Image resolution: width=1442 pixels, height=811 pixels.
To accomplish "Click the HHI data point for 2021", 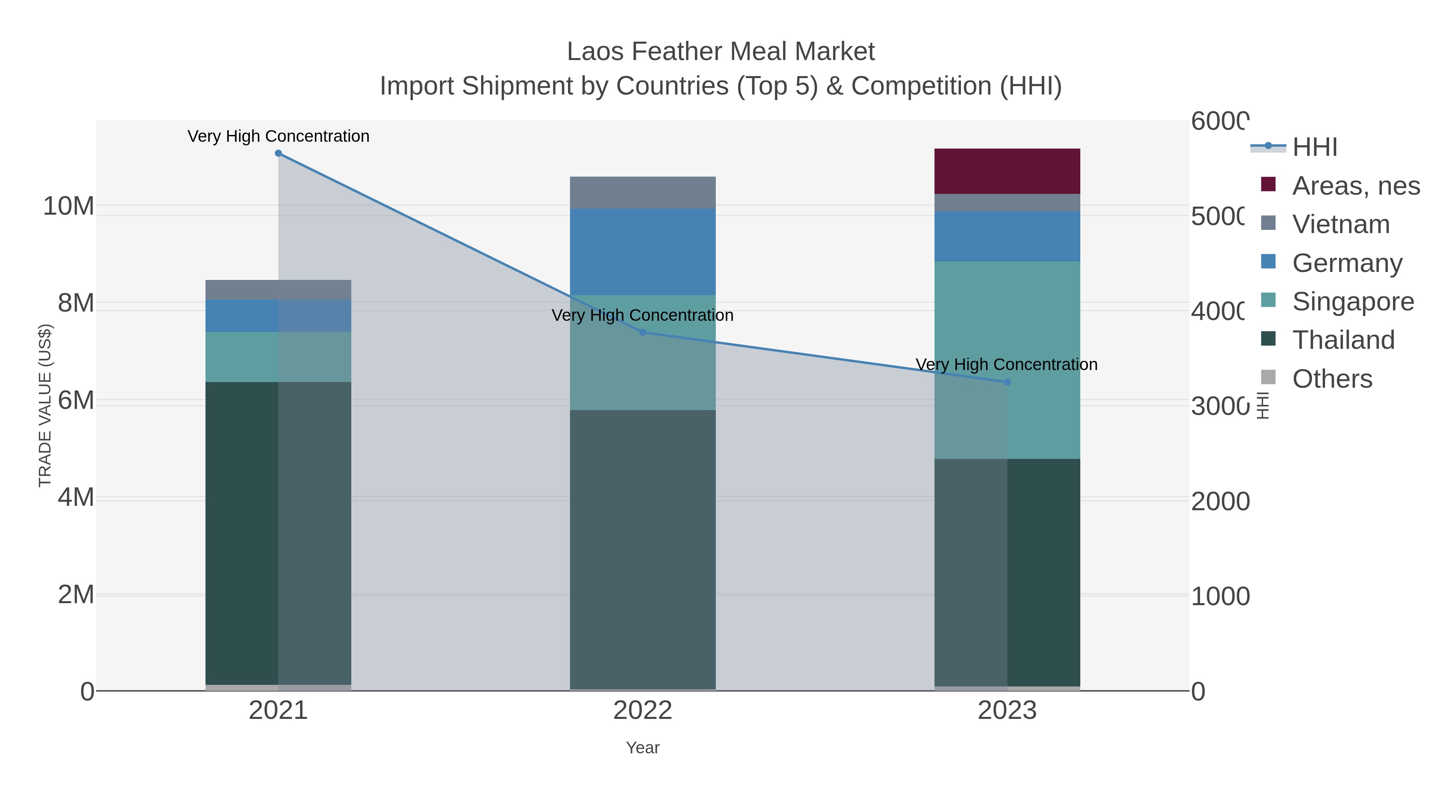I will click(x=278, y=153).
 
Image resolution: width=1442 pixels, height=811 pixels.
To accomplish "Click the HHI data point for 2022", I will click(x=642, y=332).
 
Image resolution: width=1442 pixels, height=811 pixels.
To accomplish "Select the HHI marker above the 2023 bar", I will click(x=1007, y=382).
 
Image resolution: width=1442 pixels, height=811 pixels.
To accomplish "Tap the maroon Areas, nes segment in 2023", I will click(x=1007, y=171).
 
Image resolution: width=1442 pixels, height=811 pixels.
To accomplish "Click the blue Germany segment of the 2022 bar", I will click(x=642, y=252).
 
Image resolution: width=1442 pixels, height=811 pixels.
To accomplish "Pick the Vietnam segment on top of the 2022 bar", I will click(x=642, y=193).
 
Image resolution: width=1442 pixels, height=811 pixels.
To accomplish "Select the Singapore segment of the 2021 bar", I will click(x=278, y=357).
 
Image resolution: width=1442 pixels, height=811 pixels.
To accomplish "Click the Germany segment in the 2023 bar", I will click(x=1007, y=237).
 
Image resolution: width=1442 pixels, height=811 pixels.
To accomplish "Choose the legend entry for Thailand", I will click(x=1343, y=340).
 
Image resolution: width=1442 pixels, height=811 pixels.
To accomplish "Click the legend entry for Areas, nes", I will click(x=1355, y=186).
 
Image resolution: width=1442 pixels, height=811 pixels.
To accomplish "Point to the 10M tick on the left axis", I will click(x=68, y=207).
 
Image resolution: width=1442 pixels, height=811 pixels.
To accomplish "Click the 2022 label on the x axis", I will click(x=642, y=711).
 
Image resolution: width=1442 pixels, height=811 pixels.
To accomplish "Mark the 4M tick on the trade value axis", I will click(x=76, y=497).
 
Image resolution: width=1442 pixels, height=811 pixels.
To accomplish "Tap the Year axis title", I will click(x=642, y=748).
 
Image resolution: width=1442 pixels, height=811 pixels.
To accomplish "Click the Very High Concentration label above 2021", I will click(x=278, y=136).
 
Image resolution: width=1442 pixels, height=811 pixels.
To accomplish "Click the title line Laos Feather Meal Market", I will click(x=721, y=52).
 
